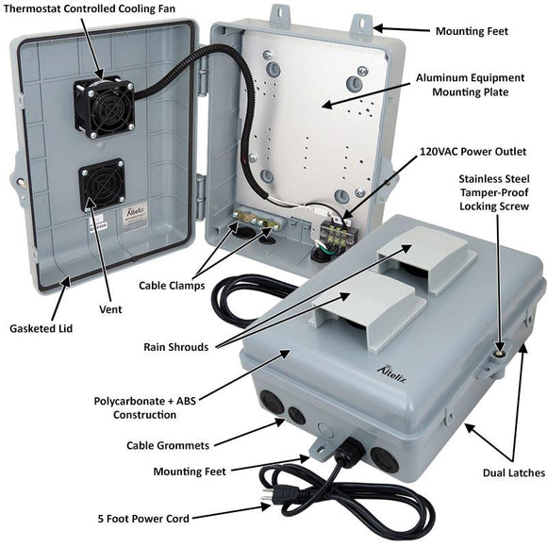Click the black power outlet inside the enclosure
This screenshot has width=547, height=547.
(x=333, y=227)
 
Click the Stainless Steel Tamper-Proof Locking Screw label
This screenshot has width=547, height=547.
(x=500, y=191)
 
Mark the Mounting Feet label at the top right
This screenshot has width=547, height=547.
(x=472, y=31)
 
